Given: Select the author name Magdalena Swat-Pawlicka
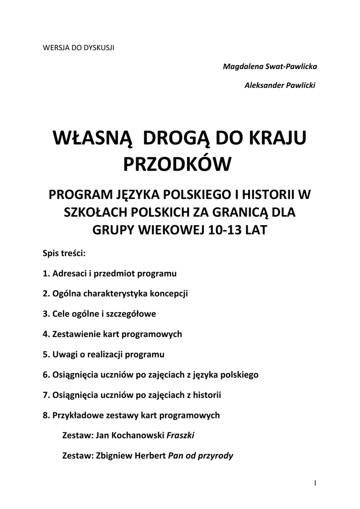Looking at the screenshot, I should (269, 66).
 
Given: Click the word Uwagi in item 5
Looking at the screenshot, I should (64, 354).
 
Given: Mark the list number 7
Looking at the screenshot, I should (45, 395).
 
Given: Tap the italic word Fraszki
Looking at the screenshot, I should (180, 435).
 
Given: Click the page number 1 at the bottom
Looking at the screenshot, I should (315, 483).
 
